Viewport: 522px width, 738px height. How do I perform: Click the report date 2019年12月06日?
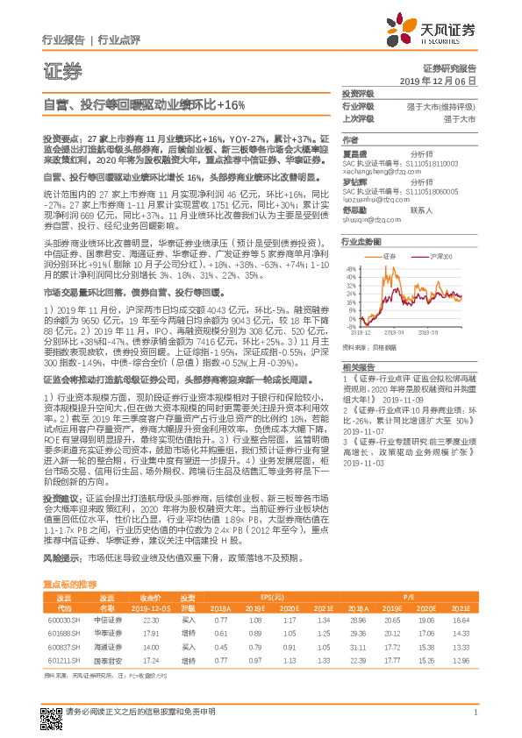[x=444, y=80]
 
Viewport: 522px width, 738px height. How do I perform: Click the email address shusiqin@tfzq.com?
[x=368, y=220]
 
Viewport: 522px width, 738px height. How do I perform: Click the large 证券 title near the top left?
[x=61, y=70]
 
